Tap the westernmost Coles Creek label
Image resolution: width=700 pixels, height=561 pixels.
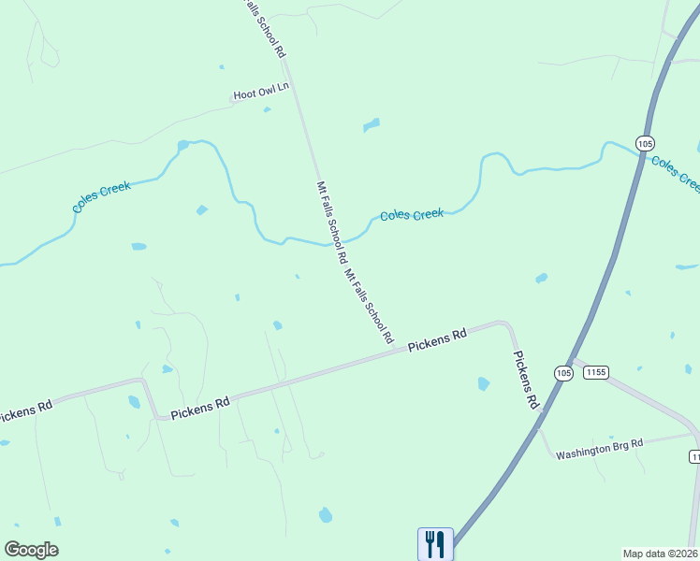pos(102,197)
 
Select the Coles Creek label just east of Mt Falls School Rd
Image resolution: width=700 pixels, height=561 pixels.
pos(411,215)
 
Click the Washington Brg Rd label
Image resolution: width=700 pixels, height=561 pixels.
pos(600,450)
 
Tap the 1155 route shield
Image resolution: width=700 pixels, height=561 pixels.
pos(596,372)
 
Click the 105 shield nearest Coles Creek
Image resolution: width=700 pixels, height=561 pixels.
pos(644,143)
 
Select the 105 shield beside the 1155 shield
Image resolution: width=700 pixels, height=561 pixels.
pos(562,372)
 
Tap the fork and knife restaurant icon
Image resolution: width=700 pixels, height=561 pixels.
pos(435,543)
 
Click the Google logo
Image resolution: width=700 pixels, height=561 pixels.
pos(31,550)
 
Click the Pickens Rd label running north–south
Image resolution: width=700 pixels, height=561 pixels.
pos(525,380)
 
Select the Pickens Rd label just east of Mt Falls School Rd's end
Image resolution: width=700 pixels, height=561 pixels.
pos(437,340)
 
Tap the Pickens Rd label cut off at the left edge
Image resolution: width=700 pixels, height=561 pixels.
pos(24,412)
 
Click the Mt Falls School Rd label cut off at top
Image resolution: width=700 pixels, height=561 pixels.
pos(264,28)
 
